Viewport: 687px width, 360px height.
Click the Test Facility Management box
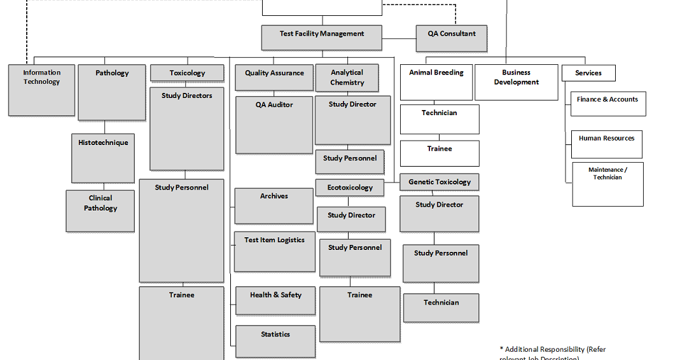coord(322,38)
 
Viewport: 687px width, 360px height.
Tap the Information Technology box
coord(42,90)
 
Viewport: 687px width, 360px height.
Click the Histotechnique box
coord(103,158)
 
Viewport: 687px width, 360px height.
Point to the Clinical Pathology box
coord(101,211)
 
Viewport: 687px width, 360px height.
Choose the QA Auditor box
coord(274,125)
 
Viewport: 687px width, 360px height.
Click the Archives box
coord(274,205)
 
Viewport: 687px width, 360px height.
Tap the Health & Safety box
coord(275,300)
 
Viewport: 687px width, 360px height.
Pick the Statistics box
coord(275,341)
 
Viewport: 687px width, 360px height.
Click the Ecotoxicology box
coord(350,188)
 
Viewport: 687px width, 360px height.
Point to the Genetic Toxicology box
coord(440,182)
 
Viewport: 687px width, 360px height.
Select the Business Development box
coord(516,82)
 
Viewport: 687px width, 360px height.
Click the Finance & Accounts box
coord(607,104)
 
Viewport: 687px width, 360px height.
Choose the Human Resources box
coord(606,144)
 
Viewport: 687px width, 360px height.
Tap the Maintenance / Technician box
coord(607,184)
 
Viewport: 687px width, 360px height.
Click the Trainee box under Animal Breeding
coord(440,153)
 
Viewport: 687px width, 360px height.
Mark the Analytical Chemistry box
coord(347,78)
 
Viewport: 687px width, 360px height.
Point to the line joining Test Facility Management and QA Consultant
coord(399,38)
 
